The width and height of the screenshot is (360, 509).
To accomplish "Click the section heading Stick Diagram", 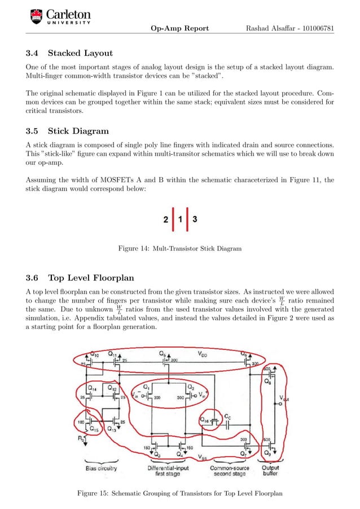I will click(78, 131).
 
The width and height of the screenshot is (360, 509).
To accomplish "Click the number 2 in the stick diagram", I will click(165, 220).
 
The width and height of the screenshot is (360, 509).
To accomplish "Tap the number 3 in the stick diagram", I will click(195, 220).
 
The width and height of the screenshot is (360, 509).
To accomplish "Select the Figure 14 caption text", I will click(179, 248).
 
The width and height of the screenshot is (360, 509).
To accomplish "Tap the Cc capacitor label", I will click(227, 417).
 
